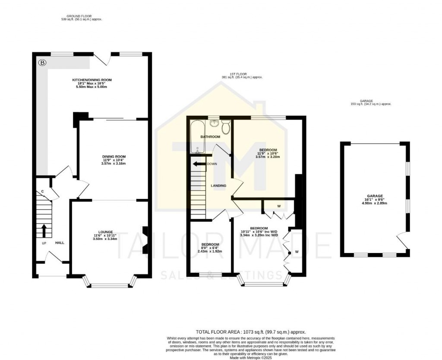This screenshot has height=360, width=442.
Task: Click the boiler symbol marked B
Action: pos(42,63)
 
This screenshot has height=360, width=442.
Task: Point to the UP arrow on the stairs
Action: pos(44,230)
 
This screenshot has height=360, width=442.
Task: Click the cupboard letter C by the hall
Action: pos(43,192)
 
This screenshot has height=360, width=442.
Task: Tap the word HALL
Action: pos(60,243)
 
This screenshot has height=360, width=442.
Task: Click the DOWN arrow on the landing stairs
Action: pos(199,164)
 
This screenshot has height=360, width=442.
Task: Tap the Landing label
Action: pos(218,186)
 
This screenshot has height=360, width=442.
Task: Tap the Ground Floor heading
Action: pos(82,17)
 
